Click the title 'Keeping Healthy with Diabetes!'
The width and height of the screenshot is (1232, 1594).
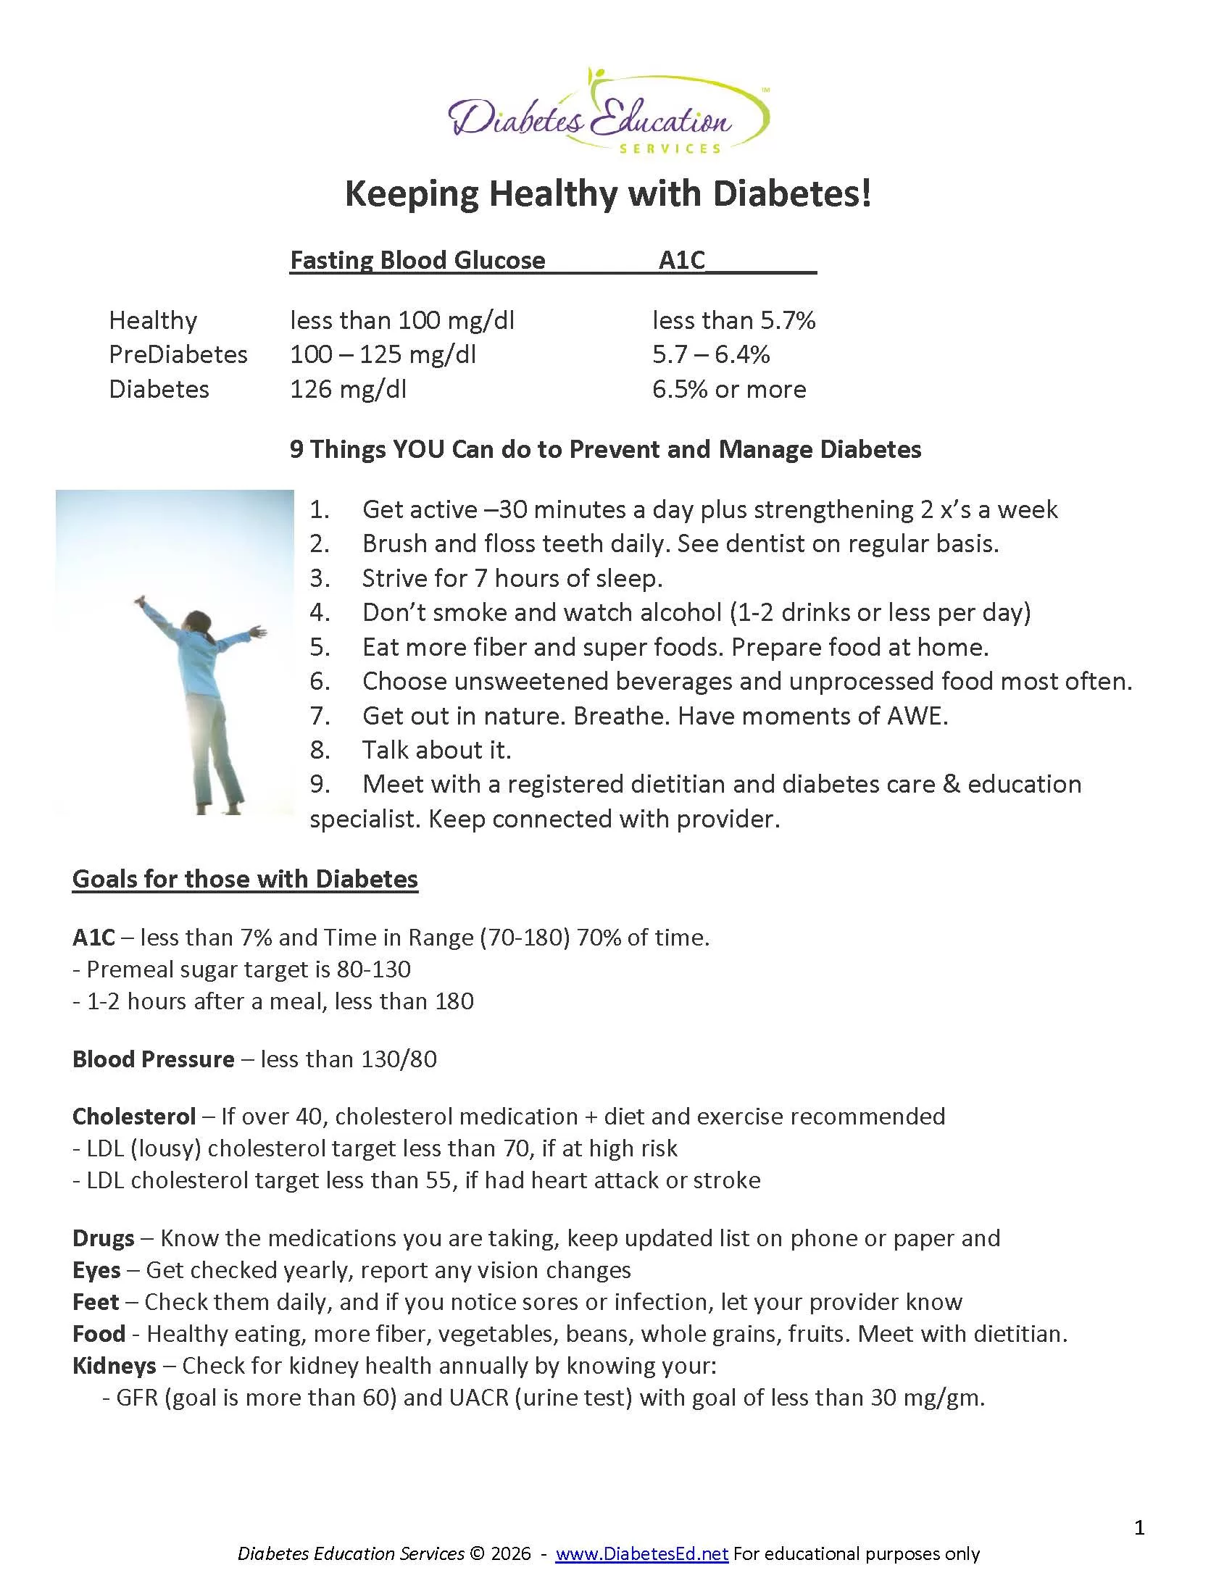point(608,194)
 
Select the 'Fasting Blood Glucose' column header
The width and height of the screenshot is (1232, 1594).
point(417,260)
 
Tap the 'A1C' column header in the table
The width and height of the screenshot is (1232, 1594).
point(682,260)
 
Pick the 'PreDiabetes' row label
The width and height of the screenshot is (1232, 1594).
point(178,355)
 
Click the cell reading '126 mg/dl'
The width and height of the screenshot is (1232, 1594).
point(348,389)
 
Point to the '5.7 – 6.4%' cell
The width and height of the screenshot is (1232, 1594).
point(711,355)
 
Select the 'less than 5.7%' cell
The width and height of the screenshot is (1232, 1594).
point(733,320)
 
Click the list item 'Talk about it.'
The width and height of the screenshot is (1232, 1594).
point(436,751)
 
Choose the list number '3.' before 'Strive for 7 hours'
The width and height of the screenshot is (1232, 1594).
point(319,578)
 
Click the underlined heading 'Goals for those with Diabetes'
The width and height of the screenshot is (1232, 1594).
point(245,879)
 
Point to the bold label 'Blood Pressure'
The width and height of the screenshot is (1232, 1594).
point(153,1059)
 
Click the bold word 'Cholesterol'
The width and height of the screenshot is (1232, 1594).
point(134,1116)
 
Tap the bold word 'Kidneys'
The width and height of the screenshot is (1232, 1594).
point(115,1366)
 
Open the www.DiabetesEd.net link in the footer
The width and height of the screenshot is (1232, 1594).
point(641,1554)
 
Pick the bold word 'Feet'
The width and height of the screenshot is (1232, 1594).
point(96,1301)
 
